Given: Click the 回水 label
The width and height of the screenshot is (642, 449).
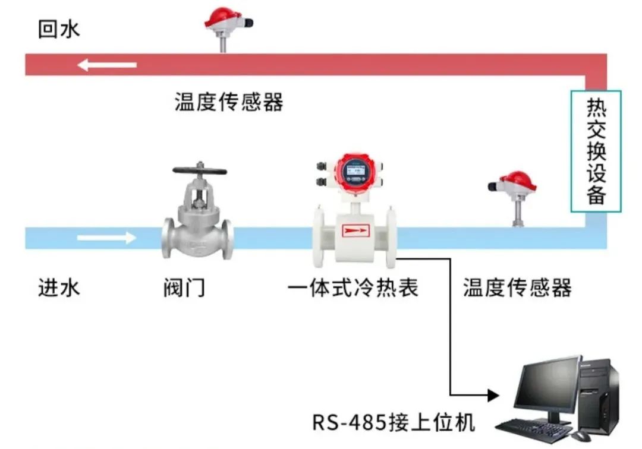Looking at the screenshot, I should point(58,29).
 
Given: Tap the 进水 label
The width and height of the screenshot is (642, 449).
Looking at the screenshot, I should point(58,289).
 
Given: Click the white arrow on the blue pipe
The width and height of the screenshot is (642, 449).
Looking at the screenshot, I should point(107,238).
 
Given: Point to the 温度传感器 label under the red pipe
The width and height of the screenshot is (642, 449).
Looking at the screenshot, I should point(229,102).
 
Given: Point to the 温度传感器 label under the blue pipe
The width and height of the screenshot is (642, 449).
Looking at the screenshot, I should point(517,289).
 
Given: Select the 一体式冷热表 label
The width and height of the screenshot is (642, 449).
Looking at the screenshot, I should point(353,289).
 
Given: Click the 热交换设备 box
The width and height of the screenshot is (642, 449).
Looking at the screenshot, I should point(596,151).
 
